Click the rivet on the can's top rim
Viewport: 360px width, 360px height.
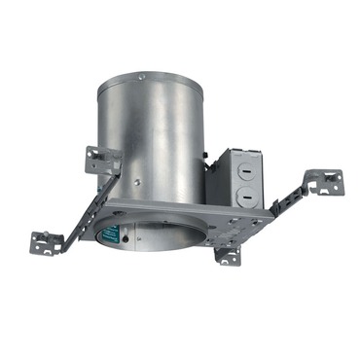click(x=142, y=77)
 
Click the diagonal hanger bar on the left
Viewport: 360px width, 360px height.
click(x=83, y=209)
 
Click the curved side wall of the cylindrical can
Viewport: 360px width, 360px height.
click(x=156, y=136)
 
